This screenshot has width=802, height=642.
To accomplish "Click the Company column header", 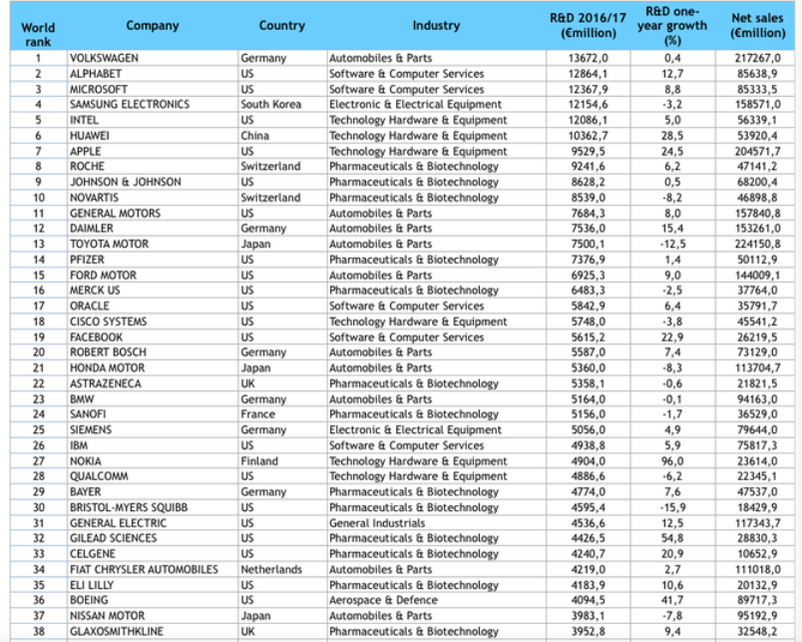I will pos(153,26).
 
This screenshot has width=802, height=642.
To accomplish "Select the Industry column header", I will pos(436,26).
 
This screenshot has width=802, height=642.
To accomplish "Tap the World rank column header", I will pos(38,35).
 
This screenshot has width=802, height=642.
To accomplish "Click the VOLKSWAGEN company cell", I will pos(104,58).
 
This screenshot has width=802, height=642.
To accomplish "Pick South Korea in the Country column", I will pos(270,105).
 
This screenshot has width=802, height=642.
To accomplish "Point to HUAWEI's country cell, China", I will pos(255,136).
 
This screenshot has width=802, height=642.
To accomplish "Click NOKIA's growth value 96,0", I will pos(672,461).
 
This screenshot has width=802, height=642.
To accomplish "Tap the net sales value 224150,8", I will pos(756,244).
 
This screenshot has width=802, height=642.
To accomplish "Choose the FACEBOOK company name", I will pos(96,337).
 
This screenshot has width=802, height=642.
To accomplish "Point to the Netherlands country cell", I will pos(271,569).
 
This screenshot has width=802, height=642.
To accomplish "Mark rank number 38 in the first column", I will pos(39,631).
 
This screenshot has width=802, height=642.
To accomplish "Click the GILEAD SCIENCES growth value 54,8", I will pos(672,538).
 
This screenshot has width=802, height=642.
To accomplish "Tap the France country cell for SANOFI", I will pos(257,414).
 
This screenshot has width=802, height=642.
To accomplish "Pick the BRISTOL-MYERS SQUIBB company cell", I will pos(129,507).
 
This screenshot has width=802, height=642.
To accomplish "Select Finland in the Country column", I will pos(259,461).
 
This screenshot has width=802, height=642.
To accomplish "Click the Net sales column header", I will pos(757,26).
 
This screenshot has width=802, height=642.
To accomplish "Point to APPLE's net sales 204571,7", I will pos(756,151).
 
